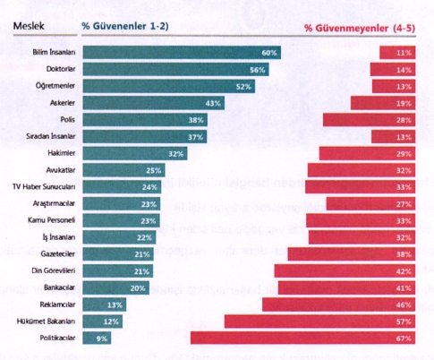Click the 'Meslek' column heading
tap(29, 26)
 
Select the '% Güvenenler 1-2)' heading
tap(125, 26)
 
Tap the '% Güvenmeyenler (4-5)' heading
tap(360, 28)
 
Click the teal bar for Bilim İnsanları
tap(182, 53)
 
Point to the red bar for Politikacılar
tap(303, 338)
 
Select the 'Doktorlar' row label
tap(61, 69)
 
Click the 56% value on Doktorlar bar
tap(258, 70)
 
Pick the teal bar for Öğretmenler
tap(169, 86)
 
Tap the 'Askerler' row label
tap(63, 103)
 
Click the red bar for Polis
tap(369, 120)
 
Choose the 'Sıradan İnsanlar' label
tap(50, 136)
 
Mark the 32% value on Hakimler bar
tap(176, 154)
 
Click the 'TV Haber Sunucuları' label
tap(44, 187)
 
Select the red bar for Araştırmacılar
tap(370, 203)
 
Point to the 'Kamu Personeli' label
tap(51, 220)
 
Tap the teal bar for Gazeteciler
tap(118, 254)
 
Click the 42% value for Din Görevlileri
tap(404, 271)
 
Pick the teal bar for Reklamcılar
tap(105, 304)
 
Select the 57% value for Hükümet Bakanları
tap(404, 321)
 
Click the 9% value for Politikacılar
tap(102, 339)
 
